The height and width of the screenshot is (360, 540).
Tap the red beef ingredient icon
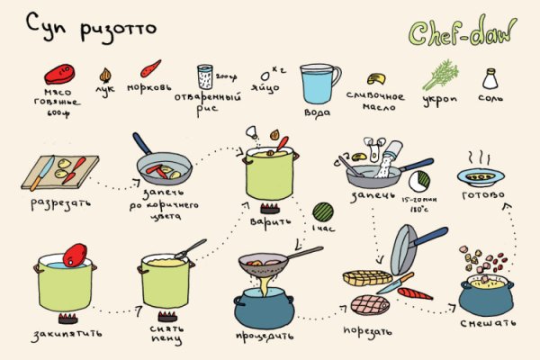click(x=60, y=71)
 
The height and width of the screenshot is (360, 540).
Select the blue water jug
click(x=319, y=83)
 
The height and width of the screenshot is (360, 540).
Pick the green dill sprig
click(x=440, y=75)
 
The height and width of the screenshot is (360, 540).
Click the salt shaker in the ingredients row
click(x=490, y=79)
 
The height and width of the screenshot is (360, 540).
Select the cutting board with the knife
click(x=59, y=171)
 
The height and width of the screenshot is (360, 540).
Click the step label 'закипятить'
click(x=64, y=332)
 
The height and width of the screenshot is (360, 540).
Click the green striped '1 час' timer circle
click(x=322, y=213)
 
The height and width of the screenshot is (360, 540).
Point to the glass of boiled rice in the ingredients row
click(x=205, y=79)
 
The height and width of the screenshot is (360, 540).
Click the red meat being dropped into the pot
click(x=76, y=256)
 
